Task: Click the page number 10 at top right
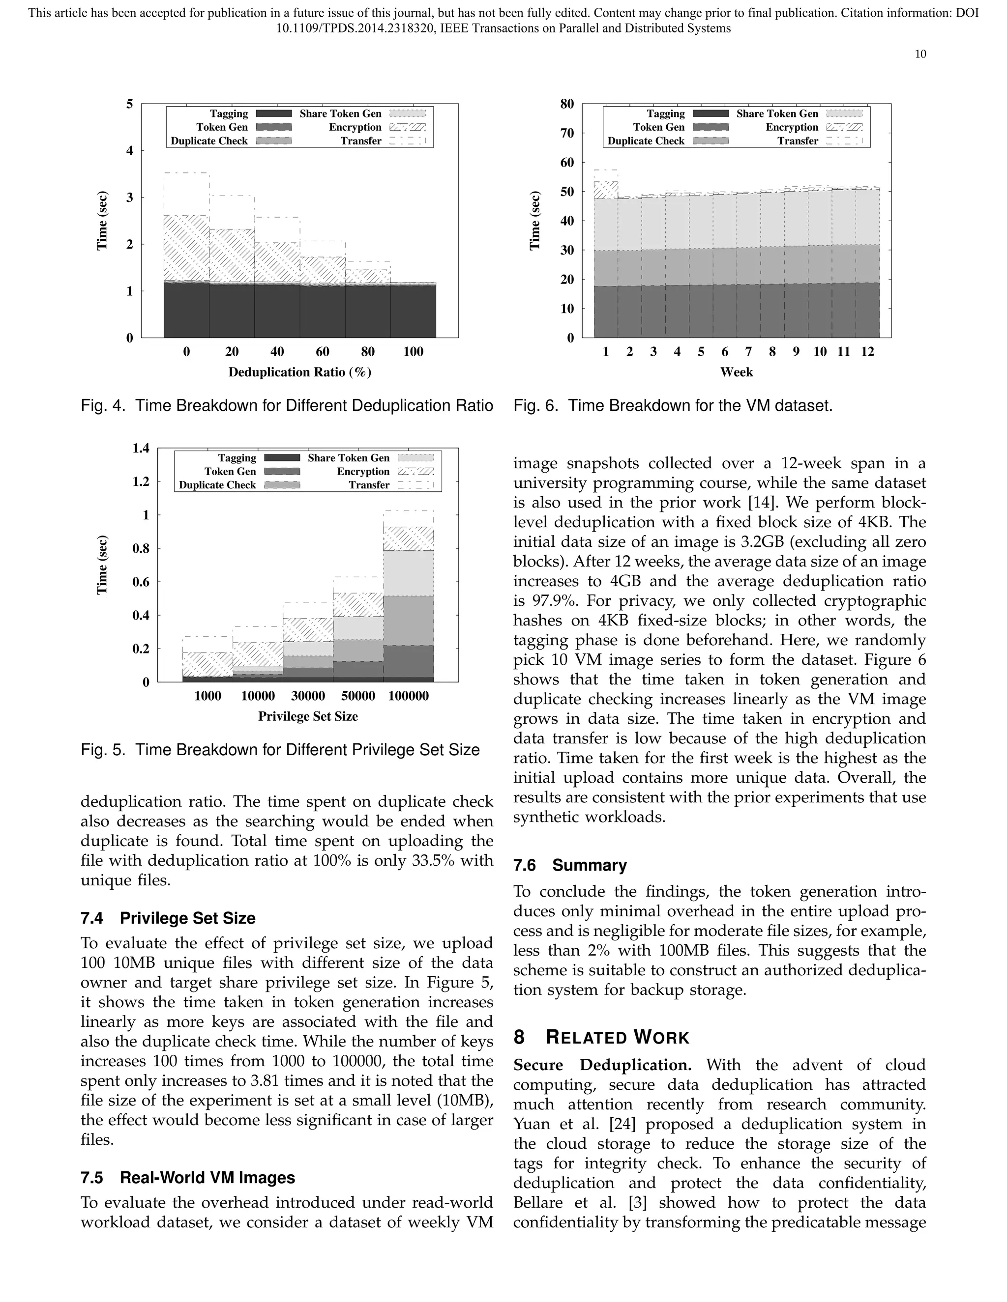pos(920,54)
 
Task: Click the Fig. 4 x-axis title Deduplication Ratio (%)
pos(299,372)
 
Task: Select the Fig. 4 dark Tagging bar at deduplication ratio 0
pos(186,310)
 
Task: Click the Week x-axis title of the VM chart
pos(736,372)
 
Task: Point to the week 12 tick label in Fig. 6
pos(867,352)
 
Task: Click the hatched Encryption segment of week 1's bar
pos(605,190)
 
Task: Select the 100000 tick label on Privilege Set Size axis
pos(408,696)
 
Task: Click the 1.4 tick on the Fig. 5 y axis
pos(142,448)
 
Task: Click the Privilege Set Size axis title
pos(308,716)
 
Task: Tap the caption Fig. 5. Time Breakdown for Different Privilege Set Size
pos(280,749)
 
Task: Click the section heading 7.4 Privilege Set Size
pos(168,918)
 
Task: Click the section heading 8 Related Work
pos(601,1037)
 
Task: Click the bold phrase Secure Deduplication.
pos(602,1065)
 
